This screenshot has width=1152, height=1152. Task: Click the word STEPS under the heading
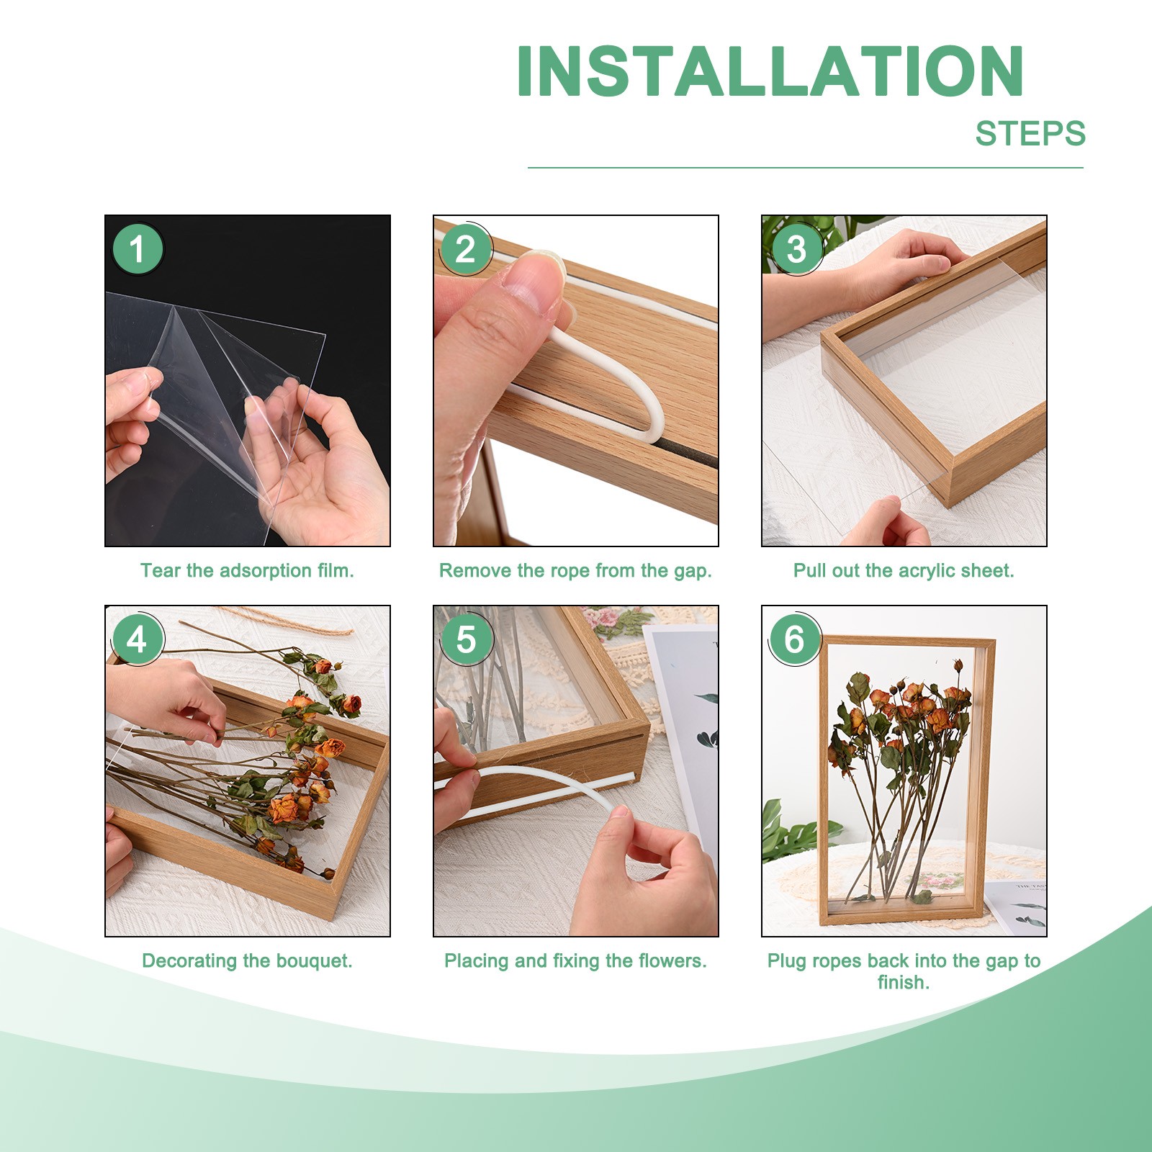[x=1030, y=134]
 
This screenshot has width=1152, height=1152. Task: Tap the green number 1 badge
[x=138, y=249]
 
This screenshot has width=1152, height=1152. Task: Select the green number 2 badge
[x=466, y=249]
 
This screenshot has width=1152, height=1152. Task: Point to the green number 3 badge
[x=795, y=249]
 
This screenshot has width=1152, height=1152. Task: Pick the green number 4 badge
[x=138, y=639]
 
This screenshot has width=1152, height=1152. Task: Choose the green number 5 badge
[x=466, y=639]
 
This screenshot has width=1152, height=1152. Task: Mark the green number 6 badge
[x=795, y=639]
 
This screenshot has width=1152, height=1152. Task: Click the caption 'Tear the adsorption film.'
[x=247, y=571]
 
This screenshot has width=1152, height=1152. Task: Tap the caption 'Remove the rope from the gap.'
[x=575, y=572]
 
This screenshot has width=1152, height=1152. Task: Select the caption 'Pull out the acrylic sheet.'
[x=904, y=572]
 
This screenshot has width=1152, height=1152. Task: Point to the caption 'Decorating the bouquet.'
[x=247, y=961]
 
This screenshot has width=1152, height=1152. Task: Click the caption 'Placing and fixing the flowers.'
[x=575, y=961]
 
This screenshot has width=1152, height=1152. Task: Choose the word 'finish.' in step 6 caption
[x=904, y=982]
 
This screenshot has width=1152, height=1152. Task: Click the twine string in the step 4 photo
[x=288, y=621]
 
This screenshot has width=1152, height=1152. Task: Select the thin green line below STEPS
[x=806, y=168]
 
